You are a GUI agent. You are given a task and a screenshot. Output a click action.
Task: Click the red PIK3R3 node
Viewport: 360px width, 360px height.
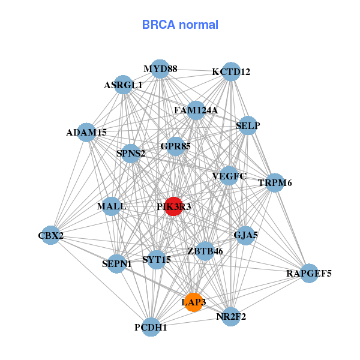[173, 206]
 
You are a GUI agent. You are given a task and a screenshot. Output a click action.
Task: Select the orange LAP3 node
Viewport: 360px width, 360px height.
[193, 302]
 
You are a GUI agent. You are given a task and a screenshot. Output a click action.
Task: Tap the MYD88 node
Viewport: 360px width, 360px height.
[160, 69]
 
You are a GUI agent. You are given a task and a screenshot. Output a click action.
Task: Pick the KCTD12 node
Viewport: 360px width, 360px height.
[231, 72]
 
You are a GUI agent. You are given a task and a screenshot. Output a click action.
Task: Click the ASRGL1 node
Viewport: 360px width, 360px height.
[123, 85]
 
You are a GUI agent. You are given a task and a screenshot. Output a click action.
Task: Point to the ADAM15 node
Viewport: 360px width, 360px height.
[86, 132]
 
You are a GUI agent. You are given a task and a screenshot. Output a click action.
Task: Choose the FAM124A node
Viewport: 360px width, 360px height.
[196, 110]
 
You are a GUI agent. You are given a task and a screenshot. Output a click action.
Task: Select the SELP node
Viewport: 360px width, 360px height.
[248, 126]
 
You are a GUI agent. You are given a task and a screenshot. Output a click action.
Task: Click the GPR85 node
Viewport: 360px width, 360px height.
[175, 146]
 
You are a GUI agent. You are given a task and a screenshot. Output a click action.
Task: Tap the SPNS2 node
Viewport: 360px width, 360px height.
[131, 153]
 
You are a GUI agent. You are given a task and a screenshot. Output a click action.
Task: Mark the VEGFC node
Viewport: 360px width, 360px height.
[229, 176]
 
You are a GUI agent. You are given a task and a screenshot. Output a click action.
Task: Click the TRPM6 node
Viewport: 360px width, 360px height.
[274, 182]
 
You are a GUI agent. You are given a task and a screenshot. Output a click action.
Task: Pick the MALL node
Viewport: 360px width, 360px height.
[112, 206]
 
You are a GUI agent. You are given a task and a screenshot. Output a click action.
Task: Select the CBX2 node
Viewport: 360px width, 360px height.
[50, 236]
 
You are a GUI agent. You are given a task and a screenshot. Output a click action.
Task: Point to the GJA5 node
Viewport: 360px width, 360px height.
[245, 235]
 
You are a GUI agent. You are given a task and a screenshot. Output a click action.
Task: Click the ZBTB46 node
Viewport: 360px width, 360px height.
[205, 251]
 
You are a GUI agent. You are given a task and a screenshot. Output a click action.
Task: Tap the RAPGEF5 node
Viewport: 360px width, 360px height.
[308, 274]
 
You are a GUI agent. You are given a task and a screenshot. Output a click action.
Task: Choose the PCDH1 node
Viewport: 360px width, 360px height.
[151, 327]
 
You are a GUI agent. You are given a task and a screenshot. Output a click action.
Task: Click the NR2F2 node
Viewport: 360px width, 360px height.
[231, 316]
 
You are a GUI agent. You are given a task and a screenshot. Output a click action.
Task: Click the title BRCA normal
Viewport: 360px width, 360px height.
[180, 25]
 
